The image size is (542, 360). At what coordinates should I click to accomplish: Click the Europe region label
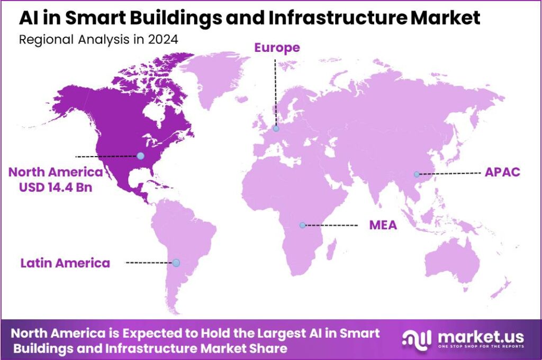coord(277,48)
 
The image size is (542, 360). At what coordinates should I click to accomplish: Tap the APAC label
coord(502,173)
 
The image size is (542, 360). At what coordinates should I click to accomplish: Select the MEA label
coord(383,226)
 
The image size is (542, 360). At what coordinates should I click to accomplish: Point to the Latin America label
coord(65,263)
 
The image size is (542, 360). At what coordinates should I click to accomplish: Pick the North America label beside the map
coord(56,172)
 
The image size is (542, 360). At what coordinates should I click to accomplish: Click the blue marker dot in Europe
coord(276,128)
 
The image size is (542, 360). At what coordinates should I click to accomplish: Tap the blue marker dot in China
coord(417,174)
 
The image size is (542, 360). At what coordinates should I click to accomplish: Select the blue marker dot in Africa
coord(302,225)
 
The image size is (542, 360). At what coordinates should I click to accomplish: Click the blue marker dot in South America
coord(176,263)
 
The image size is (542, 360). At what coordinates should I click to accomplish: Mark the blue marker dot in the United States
coord(140,156)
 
